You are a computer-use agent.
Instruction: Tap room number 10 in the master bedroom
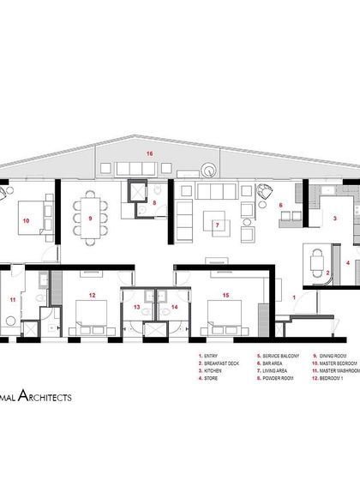click(x=27, y=219)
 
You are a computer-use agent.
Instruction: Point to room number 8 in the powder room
click(x=154, y=203)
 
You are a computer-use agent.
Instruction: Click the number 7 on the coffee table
click(x=218, y=226)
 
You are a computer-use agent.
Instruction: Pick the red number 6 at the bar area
click(x=280, y=205)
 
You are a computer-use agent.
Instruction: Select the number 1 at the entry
click(x=294, y=296)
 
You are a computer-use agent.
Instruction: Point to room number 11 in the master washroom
click(x=12, y=299)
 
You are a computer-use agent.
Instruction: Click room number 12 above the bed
click(x=91, y=295)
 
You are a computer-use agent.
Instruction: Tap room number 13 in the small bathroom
click(x=136, y=305)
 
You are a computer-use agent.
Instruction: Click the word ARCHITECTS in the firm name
click(x=43, y=398)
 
